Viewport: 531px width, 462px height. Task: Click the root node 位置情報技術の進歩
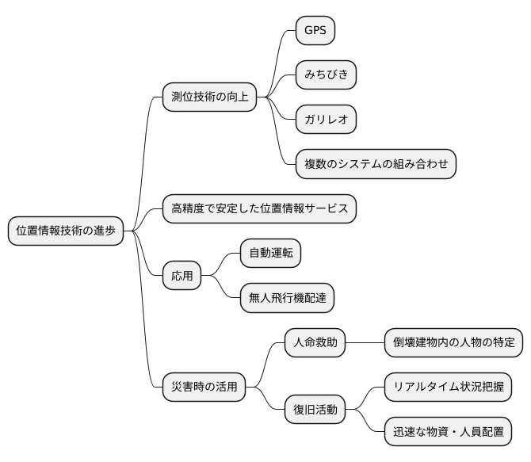coord(65,231)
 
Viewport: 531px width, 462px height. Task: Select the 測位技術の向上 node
coord(209,97)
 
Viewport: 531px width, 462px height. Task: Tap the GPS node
coord(315,31)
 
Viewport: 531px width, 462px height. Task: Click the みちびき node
coord(325,75)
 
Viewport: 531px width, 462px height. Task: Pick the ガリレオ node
coord(325,120)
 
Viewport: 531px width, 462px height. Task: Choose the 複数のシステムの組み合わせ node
coord(376,164)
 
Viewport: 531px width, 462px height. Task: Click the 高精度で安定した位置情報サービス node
coord(259,208)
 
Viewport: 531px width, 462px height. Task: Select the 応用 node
coord(181,276)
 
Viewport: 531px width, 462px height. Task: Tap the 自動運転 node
coord(270,254)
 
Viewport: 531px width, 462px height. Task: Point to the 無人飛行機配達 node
coord(287,298)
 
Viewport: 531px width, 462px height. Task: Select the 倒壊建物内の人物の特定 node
coord(453,343)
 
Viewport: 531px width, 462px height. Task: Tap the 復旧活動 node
coord(315,410)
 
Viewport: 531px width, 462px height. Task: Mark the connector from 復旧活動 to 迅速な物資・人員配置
coord(366,422)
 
